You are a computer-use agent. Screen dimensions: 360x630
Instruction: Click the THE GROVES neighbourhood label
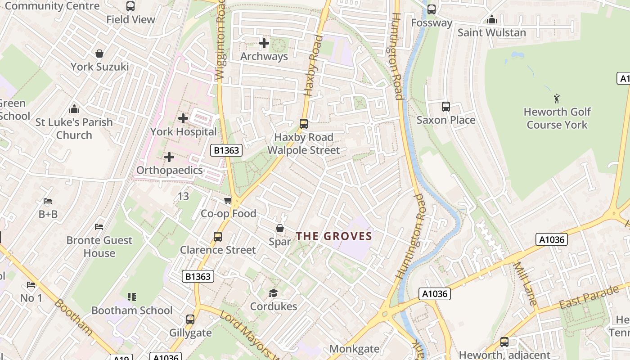tap(334, 236)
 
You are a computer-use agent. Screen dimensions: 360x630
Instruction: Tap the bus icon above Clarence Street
tap(218, 236)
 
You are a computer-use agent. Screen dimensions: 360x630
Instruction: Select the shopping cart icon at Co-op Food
tap(228, 201)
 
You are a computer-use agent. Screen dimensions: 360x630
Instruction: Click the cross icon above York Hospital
tap(183, 118)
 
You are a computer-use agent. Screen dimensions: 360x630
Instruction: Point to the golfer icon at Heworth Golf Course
tap(557, 98)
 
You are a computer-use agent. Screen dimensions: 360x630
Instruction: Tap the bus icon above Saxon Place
tap(445, 107)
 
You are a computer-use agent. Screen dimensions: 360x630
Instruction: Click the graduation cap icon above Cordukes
tap(273, 293)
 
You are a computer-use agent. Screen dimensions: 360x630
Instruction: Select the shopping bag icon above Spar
tap(280, 229)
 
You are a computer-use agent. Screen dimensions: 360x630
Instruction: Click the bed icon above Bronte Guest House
tap(99, 227)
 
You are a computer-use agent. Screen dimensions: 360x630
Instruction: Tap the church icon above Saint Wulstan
tap(491, 20)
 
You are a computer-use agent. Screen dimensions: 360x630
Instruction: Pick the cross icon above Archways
tap(264, 43)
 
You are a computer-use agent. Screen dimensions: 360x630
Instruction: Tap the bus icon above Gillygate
tap(190, 319)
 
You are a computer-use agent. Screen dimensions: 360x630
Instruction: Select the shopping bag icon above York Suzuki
tap(99, 54)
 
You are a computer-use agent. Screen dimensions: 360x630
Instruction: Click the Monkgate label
tap(354, 349)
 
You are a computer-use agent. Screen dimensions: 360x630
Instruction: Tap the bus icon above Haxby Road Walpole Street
tap(304, 124)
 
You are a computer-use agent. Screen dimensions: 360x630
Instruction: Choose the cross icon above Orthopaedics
tap(169, 157)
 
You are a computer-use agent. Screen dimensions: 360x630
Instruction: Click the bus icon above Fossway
tap(431, 9)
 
